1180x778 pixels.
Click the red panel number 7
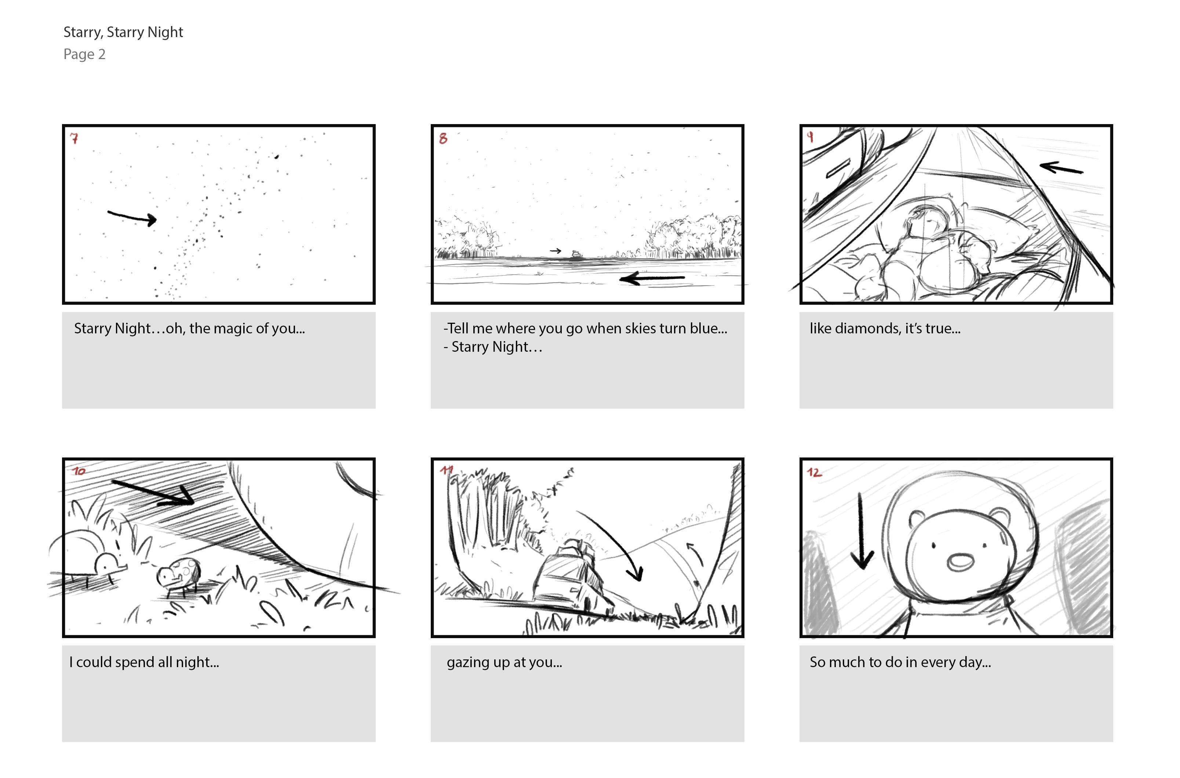tap(74, 138)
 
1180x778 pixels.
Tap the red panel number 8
tap(443, 138)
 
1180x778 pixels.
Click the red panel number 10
tap(79, 471)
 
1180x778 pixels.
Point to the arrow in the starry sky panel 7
tap(132, 217)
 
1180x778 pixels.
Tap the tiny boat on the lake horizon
tap(576, 254)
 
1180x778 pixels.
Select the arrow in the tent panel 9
tap(1061, 168)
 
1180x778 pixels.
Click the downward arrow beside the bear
tap(861, 531)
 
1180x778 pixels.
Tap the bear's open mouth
tap(959, 562)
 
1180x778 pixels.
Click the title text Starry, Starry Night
tap(123, 32)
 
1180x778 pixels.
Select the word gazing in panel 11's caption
tap(468, 662)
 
